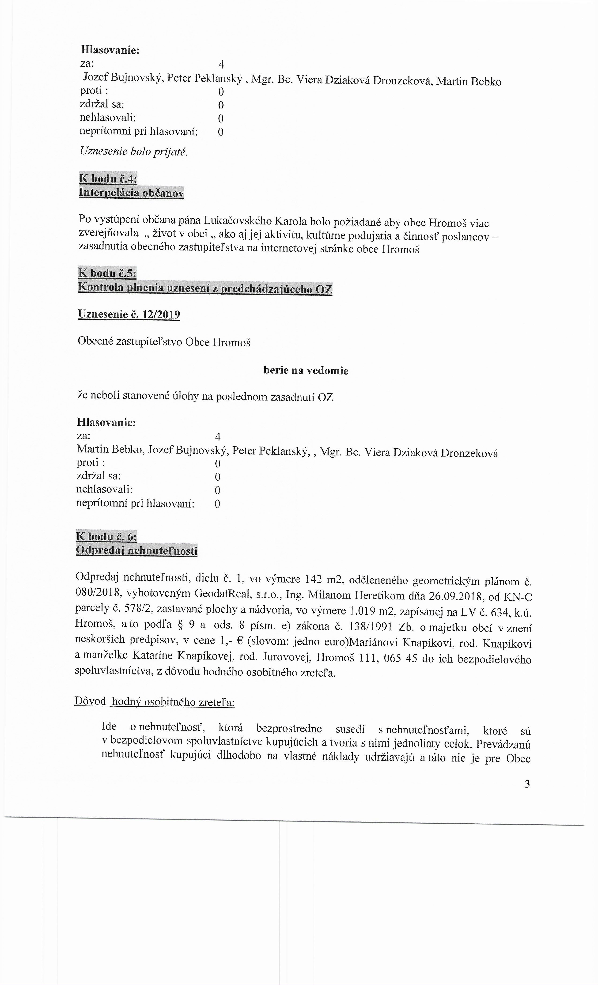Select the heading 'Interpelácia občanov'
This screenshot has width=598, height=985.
(x=132, y=193)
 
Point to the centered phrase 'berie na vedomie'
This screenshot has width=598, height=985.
(x=306, y=371)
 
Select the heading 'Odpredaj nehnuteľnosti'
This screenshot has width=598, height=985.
(x=137, y=550)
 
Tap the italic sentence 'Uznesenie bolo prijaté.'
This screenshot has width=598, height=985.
(x=133, y=152)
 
